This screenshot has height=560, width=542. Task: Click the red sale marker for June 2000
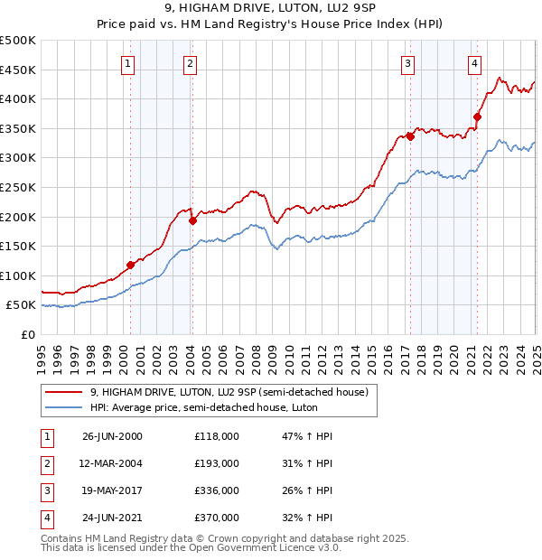(130, 265)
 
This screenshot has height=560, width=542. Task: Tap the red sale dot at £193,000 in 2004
(192, 220)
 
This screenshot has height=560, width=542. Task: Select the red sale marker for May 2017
(409, 136)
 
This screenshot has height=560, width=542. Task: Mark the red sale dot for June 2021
(477, 116)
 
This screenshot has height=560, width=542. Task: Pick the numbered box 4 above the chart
(474, 63)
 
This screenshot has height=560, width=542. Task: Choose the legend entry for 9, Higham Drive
(229, 392)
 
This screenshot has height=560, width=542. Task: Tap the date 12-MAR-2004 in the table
(112, 462)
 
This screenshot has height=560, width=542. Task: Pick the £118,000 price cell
(216, 435)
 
